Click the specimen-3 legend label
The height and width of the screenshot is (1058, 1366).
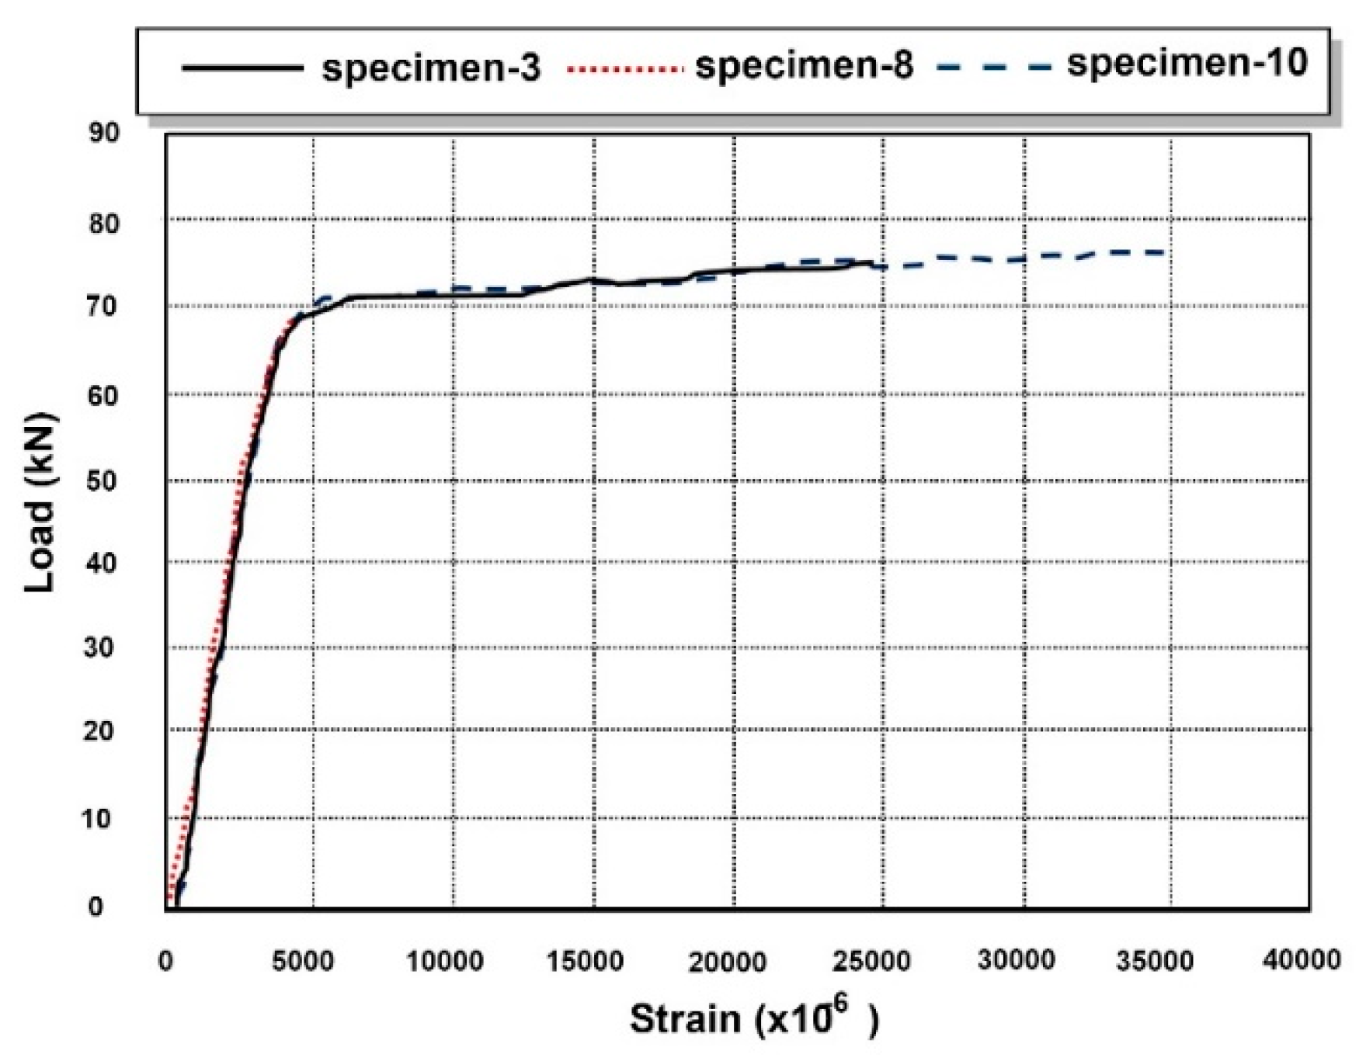[x=431, y=68]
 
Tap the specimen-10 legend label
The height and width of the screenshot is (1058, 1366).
[x=1187, y=63]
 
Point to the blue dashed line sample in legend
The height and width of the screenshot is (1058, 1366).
[x=995, y=67]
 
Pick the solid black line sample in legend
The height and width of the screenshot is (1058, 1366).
[x=242, y=68]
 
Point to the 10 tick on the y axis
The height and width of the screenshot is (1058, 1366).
[x=98, y=818]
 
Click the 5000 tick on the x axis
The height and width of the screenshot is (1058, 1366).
[x=302, y=962]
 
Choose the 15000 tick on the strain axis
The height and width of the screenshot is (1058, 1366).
[x=584, y=962]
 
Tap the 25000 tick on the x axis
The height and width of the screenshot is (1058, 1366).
[x=872, y=962]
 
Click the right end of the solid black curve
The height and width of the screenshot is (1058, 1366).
[x=872, y=263]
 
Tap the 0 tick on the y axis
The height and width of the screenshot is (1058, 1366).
[x=96, y=907]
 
